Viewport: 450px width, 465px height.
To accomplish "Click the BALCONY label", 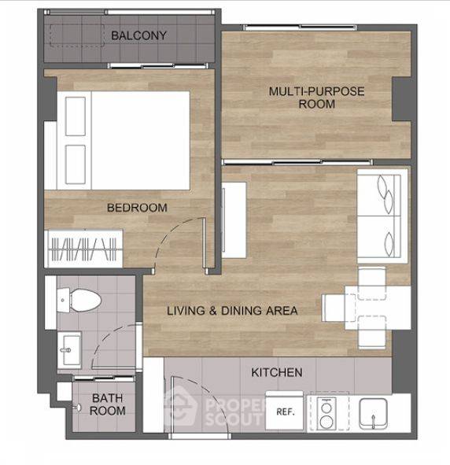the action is (x=138, y=35).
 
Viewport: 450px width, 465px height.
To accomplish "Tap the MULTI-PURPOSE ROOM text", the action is (x=316, y=98).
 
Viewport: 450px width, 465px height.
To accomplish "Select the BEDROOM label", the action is (x=137, y=208).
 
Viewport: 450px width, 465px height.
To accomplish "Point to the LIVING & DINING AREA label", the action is (x=232, y=311).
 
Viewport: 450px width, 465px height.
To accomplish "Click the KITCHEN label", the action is (x=277, y=372).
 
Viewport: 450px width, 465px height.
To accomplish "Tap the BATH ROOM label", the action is (x=107, y=404).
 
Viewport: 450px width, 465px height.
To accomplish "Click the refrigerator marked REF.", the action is (x=285, y=411).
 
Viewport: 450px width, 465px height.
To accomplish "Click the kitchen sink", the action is (x=373, y=414).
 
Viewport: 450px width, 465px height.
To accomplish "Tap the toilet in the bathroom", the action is (x=79, y=300).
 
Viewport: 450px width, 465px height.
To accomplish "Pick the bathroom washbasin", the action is (x=69, y=350).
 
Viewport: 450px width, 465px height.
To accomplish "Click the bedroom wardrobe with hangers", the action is (x=83, y=249).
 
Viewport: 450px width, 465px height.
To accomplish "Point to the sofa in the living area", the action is (x=382, y=216).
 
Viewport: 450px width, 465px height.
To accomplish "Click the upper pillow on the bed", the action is (x=76, y=116).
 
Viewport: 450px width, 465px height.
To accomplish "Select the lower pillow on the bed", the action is (x=76, y=164).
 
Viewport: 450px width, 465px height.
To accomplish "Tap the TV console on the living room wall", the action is (x=234, y=220).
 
